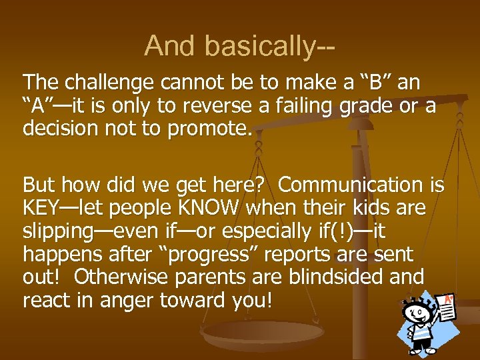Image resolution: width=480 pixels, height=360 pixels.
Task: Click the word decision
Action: (x=65, y=128)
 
